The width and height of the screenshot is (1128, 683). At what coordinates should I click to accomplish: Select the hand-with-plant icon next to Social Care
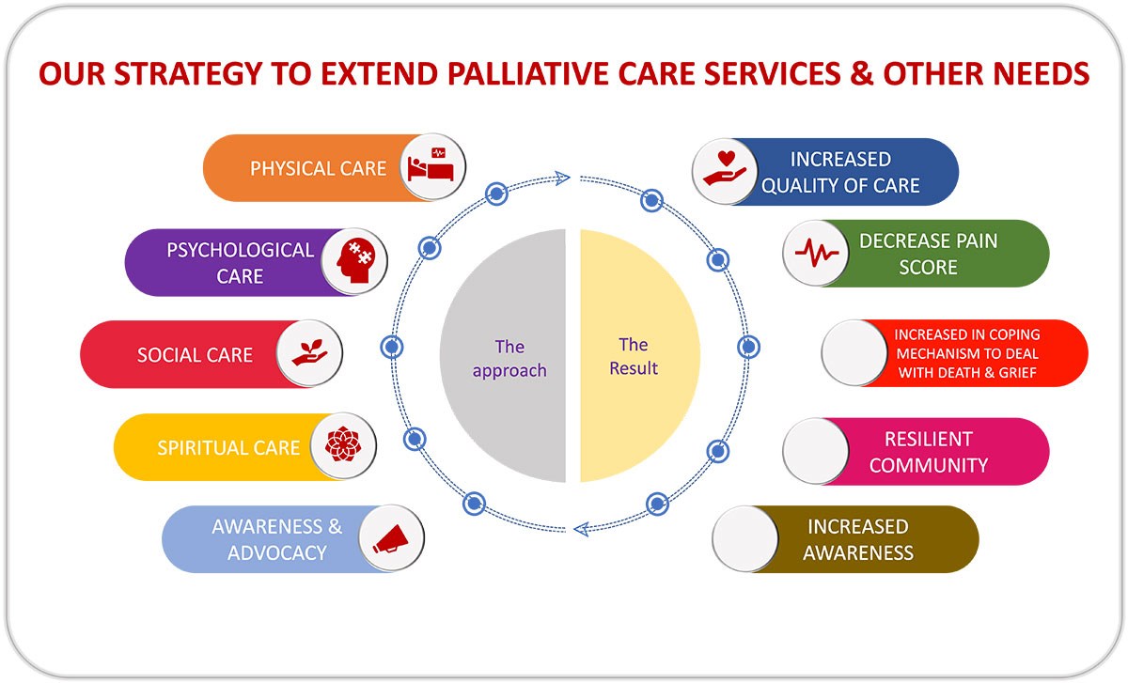pos(310,354)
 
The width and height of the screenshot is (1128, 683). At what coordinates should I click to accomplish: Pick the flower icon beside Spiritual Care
pos(342,446)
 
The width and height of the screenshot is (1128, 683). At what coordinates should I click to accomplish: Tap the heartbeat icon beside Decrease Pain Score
pos(816,253)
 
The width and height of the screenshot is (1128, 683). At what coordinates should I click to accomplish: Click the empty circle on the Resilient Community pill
pos(816,451)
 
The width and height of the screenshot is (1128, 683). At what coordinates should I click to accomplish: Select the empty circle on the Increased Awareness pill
pos(745,539)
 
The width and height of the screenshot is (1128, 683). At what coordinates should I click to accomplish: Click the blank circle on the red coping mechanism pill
pos(854,352)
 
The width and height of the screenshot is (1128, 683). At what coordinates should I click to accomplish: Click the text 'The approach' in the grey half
pos(509,359)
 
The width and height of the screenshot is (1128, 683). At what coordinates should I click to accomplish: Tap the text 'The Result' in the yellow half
pos(634,357)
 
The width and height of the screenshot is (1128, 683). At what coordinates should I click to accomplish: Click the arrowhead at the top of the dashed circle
pos(563,176)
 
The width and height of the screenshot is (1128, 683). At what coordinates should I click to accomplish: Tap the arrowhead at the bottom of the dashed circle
pos(581,530)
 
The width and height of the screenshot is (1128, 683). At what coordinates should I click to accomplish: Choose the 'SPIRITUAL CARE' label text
pos(228,447)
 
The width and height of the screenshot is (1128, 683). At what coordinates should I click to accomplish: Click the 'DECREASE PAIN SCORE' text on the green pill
pos(928,254)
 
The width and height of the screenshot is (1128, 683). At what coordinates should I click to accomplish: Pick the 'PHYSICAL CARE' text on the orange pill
pos(318,169)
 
